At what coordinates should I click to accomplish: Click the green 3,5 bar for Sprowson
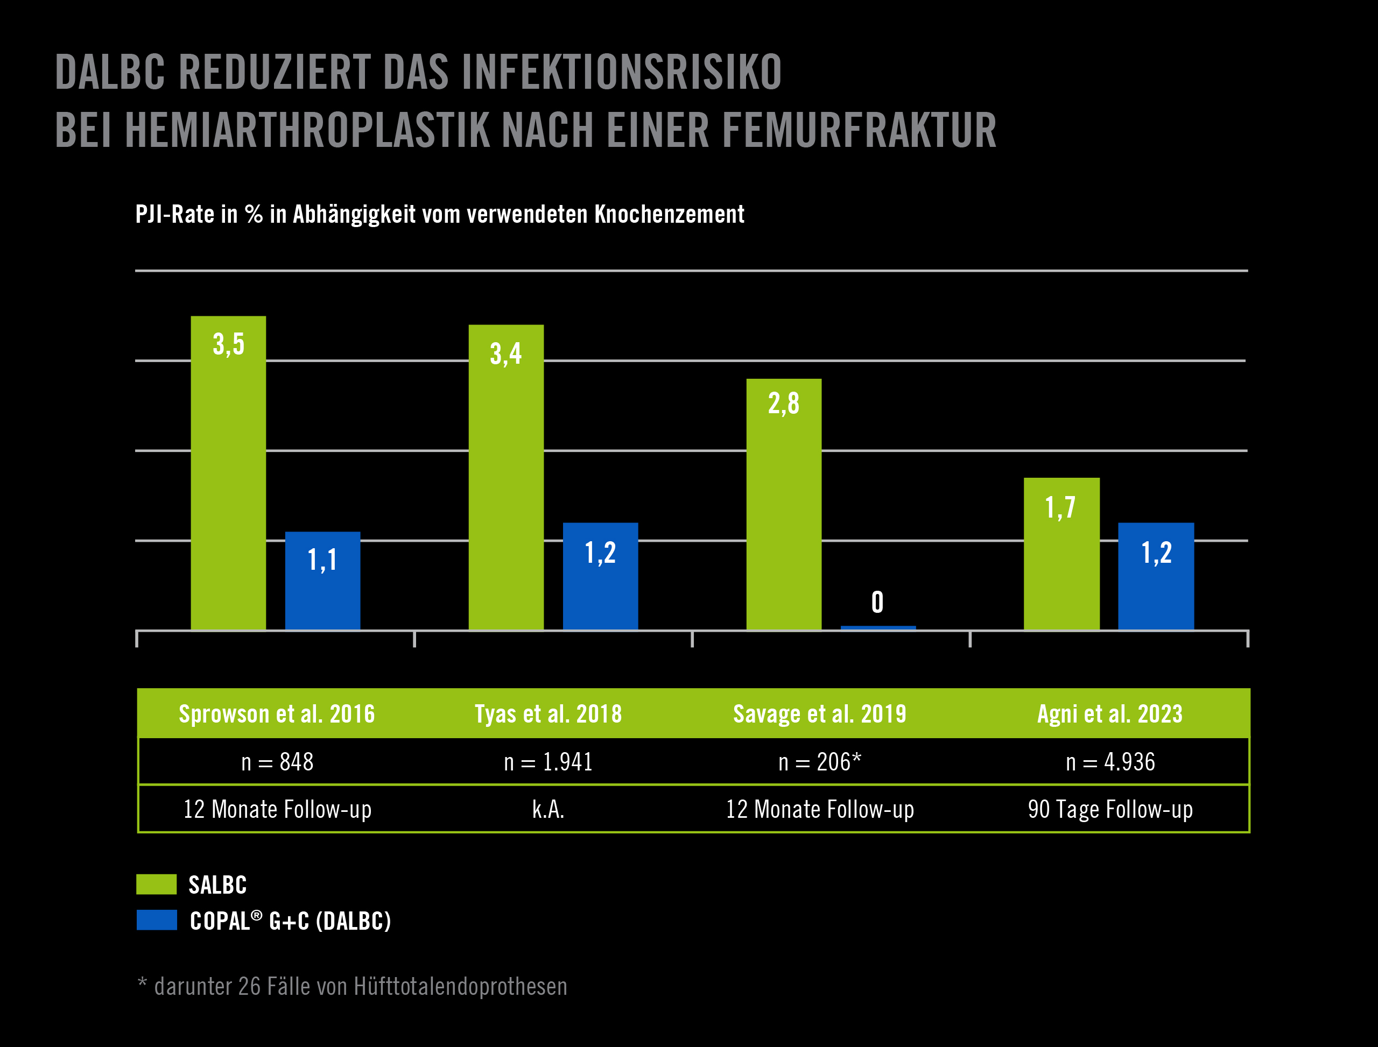point(228,473)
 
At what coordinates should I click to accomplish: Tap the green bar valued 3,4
point(505,477)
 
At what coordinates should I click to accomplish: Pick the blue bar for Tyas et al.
point(601,576)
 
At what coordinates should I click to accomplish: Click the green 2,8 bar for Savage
point(784,505)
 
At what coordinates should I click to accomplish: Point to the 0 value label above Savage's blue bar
point(877,603)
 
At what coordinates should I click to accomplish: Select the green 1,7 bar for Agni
point(1061,554)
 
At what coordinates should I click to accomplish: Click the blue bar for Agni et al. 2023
point(1156,576)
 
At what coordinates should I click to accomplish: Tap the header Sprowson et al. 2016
point(277,714)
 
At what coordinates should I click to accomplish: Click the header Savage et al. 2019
point(819,714)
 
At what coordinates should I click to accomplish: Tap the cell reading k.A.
point(548,810)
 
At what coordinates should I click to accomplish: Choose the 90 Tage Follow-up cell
point(1110,810)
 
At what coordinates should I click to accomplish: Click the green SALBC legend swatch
point(157,885)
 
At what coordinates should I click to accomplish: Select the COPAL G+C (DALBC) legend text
point(290,921)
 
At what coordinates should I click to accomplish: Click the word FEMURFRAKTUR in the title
point(859,131)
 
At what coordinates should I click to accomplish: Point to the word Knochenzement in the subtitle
point(669,214)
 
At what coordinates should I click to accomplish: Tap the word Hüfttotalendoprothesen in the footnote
point(460,987)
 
